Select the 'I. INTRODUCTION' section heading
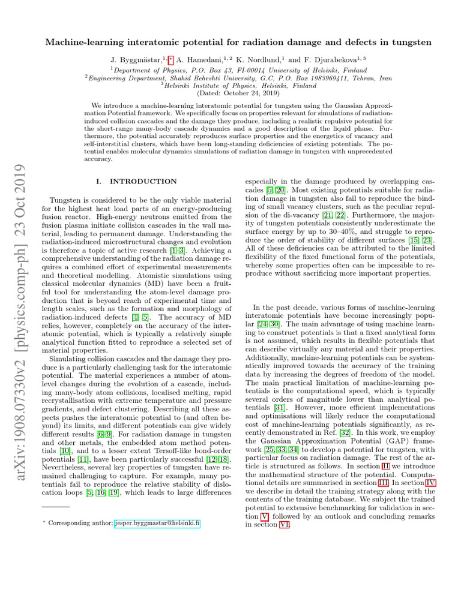136,181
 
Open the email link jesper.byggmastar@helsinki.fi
158,523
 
